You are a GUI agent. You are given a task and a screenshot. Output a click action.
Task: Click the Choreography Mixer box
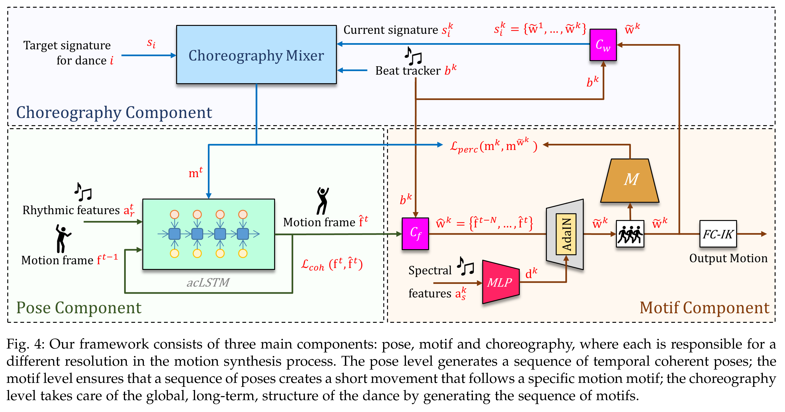coord(256,54)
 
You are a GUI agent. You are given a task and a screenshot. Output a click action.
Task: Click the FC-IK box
coord(718,234)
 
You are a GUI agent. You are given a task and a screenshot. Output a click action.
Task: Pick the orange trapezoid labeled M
coord(630,181)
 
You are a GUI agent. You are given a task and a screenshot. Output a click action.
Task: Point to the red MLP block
coord(501,282)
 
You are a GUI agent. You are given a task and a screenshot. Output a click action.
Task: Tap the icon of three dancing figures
coord(630,234)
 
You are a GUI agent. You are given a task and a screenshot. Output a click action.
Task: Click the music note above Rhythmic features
coord(83,192)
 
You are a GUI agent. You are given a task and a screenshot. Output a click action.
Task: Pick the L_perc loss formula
coord(494,146)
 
